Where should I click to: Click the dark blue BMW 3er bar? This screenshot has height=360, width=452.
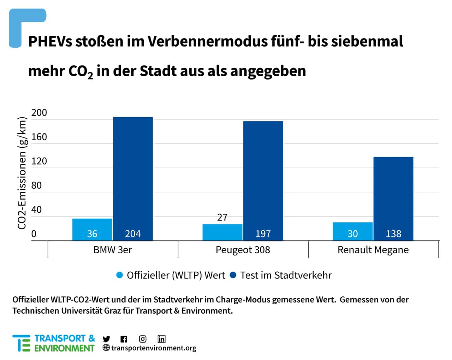click(x=133, y=179)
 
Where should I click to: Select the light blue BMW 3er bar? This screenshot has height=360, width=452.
click(x=92, y=230)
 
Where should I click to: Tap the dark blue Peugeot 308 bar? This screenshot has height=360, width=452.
click(x=263, y=181)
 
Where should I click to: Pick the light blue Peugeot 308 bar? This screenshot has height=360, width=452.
click(x=222, y=232)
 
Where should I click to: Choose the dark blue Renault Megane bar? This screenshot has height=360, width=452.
click(x=393, y=199)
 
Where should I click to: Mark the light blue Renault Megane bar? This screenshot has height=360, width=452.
click(x=353, y=231)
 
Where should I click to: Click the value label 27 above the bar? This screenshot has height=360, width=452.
click(x=222, y=218)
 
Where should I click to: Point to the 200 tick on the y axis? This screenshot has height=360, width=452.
click(x=39, y=113)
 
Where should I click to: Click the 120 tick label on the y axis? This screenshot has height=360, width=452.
click(x=39, y=161)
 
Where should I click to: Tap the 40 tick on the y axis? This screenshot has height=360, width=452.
click(x=36, y=210)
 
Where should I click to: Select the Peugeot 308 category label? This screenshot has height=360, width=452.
click(x=243, y=250)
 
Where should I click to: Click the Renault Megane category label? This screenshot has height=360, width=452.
click(x=373, y=250)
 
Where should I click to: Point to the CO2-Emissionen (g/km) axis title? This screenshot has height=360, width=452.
click(x=22, y=173)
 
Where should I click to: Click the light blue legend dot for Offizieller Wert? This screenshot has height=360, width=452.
click(x=119, y=275)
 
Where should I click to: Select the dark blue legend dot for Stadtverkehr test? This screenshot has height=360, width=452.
click(x=233, y=275)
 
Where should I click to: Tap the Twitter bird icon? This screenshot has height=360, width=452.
click(x=106, y=339)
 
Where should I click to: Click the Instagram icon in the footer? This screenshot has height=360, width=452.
click(x=143, y=339)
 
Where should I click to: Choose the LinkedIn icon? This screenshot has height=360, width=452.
click(x=161, y=339)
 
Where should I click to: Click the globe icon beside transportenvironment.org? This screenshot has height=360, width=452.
click(x=106, y=348)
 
